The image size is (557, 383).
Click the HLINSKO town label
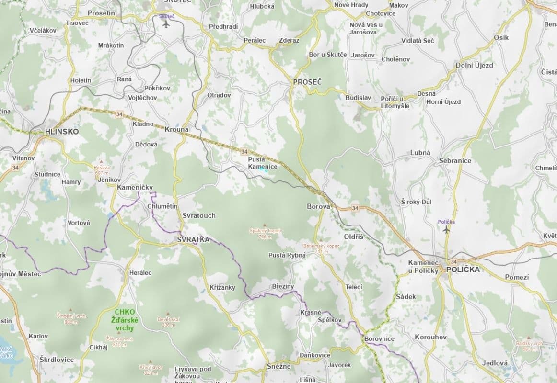pos(61,131)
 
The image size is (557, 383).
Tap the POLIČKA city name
pos(463,270)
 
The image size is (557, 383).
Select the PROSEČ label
pos(307,82)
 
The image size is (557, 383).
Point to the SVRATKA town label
pos(193,239)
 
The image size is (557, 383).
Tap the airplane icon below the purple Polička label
pos(447,230)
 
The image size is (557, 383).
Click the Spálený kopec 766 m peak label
pos(265,233)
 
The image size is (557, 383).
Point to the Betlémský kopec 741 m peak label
pos(321,248)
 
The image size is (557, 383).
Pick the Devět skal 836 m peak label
pos(168,322)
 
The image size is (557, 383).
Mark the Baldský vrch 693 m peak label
pos(529,346)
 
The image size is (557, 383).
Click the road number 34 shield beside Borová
pos(355,208)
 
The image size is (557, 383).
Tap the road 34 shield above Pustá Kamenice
pos(244,152)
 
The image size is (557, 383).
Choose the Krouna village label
pos(176,130)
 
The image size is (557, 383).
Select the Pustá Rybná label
pos(287,255)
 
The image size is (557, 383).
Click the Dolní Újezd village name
pos(474,65)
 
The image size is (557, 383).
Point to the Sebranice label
pos(455,161)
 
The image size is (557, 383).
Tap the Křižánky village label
pos(222,287)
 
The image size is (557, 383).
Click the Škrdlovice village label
pos(57,360)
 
